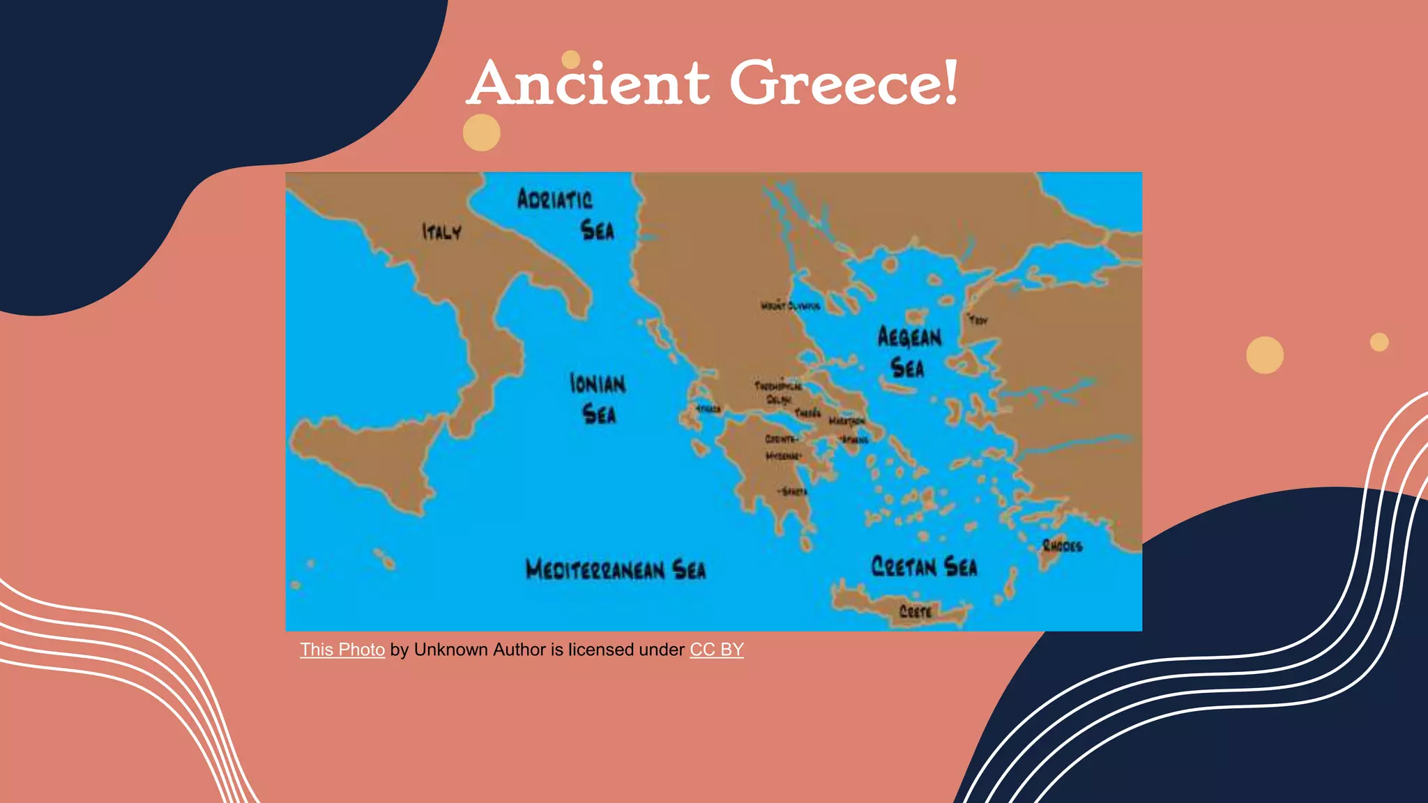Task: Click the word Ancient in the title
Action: [589, 84]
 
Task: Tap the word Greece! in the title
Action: [844, 84]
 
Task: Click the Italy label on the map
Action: [441, 231]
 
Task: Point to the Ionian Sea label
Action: [598, 398]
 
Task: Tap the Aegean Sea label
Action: [909, 352]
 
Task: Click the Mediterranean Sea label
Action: [615, 569]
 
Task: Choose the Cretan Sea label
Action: [924, 566]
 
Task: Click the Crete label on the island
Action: [915, 612]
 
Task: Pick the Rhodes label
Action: [1062, 546]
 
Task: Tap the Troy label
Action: [978, 321]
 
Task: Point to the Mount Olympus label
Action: [789, 306]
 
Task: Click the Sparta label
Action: [794, 491]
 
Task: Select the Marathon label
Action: [846, 421]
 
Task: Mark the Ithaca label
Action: [708, 409]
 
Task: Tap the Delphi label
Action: [778, 399]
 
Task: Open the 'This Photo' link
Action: [342, 650]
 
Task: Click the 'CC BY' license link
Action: [716, 650]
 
